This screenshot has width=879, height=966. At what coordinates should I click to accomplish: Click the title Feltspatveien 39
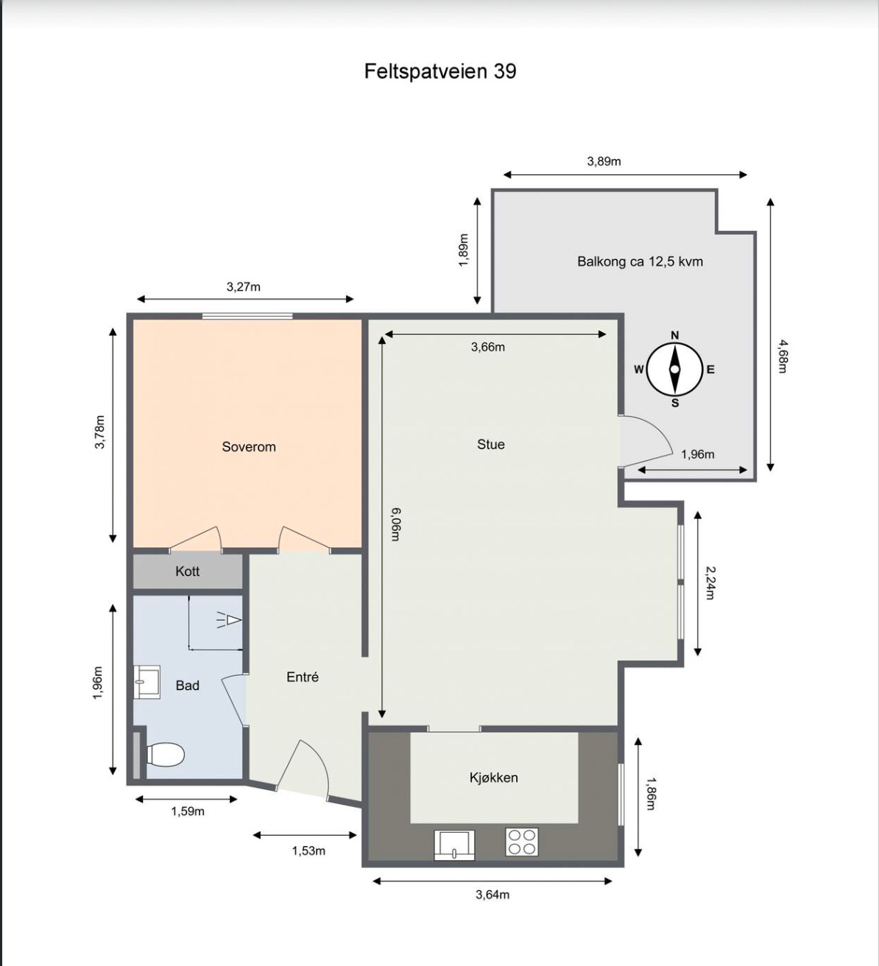(440, 71)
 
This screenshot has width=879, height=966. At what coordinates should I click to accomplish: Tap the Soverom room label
(249, 447)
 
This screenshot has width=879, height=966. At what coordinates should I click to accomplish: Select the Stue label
(491, 444)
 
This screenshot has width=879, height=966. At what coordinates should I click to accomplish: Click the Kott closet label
(188, 571)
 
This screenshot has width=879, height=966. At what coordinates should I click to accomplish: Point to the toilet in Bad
(165, 754)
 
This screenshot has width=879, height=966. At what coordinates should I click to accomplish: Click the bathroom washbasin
(146, 682)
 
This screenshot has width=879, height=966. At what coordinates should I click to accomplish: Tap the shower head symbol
(230, 620)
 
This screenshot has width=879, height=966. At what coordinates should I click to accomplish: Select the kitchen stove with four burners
(522, 842)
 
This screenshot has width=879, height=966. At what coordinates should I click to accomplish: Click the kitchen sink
(454, 845)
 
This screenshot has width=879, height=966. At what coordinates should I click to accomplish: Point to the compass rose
(675, 370)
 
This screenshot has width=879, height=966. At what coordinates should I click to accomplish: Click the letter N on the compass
(675, 335)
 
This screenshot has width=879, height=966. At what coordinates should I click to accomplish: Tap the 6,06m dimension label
(395, 524)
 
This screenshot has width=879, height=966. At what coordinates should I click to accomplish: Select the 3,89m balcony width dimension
(604, 161)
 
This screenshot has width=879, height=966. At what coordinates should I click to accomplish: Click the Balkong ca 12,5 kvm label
(640, 261)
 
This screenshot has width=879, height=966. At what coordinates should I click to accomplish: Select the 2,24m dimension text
(710, 582)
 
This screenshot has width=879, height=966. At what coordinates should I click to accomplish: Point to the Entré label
(303, 677)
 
